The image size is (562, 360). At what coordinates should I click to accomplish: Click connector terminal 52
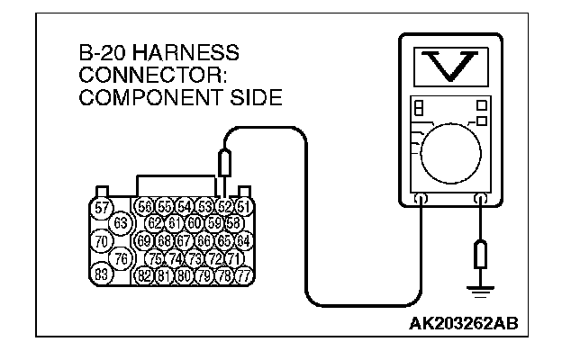[x=224, y=207]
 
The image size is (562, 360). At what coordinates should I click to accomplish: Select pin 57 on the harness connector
[x=103, y=208]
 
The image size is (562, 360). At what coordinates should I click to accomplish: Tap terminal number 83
[x=103, y=274]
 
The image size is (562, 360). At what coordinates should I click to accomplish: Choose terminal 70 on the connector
[x=103, y=241]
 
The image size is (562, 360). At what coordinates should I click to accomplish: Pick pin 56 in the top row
[x=144, y=207]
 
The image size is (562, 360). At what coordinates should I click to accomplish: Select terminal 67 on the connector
[x=183, y=241]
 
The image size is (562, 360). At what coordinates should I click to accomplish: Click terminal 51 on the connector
[x=242, y=207]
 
